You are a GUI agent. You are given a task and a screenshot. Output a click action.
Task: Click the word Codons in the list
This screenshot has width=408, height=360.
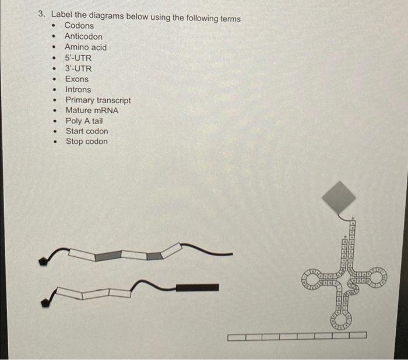point(79,26)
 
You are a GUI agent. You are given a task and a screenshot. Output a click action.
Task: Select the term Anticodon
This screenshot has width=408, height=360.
point(83,37)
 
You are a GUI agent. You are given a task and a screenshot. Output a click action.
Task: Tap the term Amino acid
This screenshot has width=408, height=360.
point(86,47)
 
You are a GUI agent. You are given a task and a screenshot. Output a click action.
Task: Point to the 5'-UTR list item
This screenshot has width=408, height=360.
point(78,58)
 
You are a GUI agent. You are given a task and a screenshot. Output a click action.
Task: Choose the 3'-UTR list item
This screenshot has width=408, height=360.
point(78,68)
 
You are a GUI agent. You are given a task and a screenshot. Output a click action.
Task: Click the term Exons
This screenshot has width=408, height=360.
point(77,79)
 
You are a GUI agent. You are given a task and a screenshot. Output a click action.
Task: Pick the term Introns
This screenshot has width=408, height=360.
point(78,90)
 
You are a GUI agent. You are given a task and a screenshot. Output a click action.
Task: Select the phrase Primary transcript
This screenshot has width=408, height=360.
point(98,100)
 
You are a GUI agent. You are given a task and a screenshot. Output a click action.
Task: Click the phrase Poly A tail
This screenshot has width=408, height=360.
point(84,121)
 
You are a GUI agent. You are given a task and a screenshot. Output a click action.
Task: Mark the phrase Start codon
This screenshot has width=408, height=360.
point(87,131)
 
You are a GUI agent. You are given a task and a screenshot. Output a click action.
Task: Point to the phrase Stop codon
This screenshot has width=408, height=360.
point(87,142)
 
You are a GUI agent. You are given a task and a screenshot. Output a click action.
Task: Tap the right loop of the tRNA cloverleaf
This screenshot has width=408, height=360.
point(378,278)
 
